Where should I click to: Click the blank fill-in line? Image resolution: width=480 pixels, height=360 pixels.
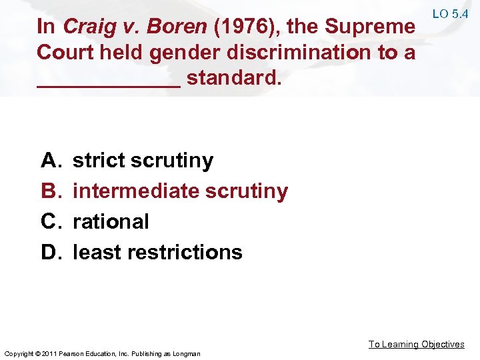point(109,85)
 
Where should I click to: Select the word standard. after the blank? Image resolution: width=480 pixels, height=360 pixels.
point(235,78)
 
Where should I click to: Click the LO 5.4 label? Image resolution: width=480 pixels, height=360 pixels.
point(451,14)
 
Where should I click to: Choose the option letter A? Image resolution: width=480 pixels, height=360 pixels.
point(50,161)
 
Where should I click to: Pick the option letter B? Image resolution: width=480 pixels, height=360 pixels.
point(50,191)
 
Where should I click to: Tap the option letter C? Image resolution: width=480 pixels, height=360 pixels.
point(50,221)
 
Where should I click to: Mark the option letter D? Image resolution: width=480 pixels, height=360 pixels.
point(50,252)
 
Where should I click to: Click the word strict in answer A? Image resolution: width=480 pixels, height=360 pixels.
point(99,161)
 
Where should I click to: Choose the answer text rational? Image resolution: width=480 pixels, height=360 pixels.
point(111,221)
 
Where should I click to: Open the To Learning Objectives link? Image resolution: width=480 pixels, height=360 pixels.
point(417,344)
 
